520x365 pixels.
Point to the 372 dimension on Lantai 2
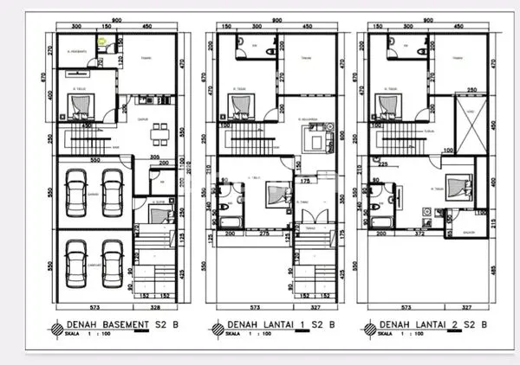[x=419, y=234]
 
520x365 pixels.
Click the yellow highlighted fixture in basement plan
[x=102, y=39]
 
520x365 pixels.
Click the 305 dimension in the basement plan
[x=156, y=157]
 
